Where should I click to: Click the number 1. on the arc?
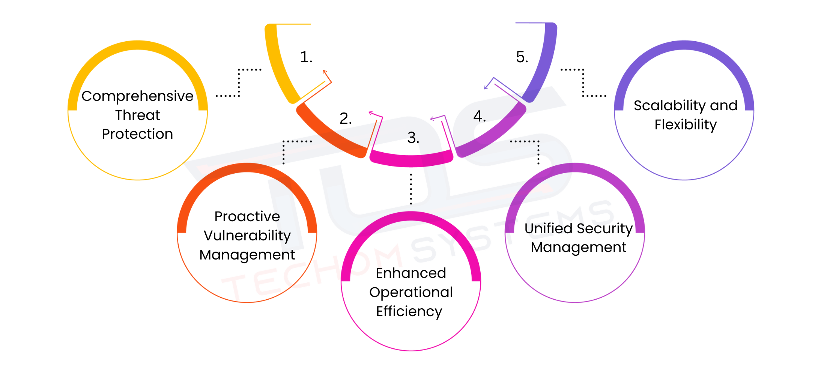point(306,57)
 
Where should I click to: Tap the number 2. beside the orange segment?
point(346,118)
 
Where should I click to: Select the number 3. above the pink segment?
point(413,138)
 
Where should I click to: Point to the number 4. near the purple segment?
point(480,116)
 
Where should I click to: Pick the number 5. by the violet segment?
point(522,57)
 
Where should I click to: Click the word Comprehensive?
point(137,96)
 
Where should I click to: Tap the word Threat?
point(137,115)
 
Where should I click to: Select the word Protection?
point(137,134)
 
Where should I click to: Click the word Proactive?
point(247,217)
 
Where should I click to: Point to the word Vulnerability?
point(247,236)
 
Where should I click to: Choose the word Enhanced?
point(411,273)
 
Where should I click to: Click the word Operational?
point(411,292)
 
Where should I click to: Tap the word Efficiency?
point(409,312)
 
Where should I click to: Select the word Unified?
point(548,228)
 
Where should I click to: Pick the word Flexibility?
point(686,125)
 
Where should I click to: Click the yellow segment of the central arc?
point(280,67)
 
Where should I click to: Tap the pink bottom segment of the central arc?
point(411,159)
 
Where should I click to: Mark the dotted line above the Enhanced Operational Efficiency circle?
point(411,189)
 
